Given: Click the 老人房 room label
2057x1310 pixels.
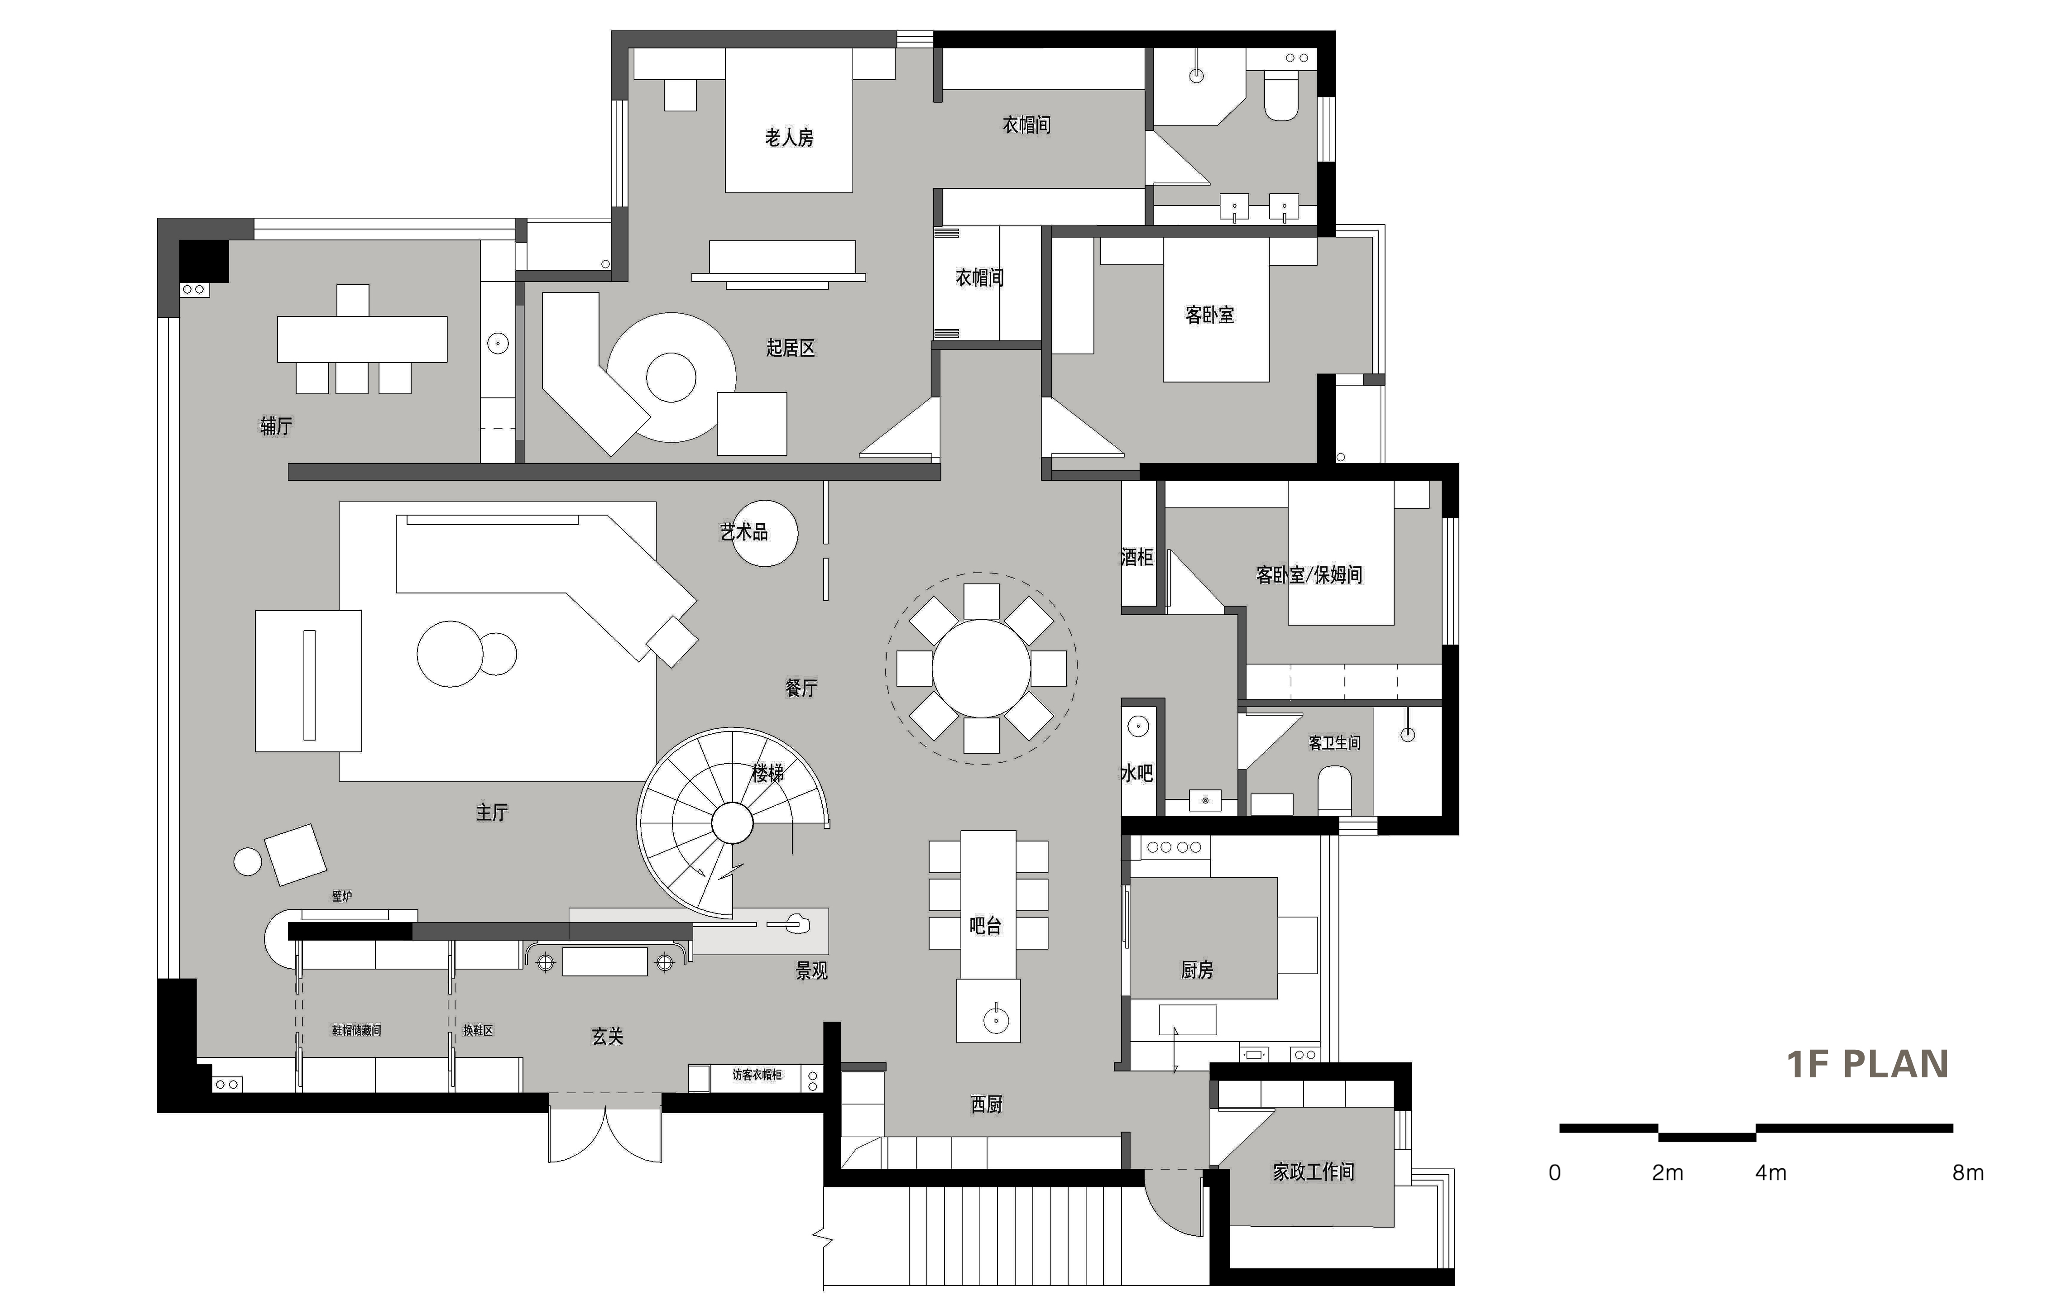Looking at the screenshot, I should pyautogui.click(x=788, y=138).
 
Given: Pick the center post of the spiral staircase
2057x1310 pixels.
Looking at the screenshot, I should pyautogui.click(x=732, y=823).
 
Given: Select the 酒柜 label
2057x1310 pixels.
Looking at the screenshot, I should pyautogui.click(x=1137, y=558).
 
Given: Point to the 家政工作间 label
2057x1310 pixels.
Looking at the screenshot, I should pyautogui.click(x=1313, y=1171).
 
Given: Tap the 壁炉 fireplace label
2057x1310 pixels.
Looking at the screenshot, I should pyautogui.click(x=342, y=896).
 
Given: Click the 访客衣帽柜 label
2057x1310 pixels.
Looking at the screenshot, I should pyautogui.click(x=757, y=1074).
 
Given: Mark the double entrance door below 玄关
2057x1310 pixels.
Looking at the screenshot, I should pyautogui.click(x=605, y=1132).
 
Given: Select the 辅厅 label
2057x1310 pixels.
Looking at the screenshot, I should pyautogui.click(x=276, y=426).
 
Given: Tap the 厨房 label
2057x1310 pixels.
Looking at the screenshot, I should pyautogui.click(x=1197, y=970).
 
